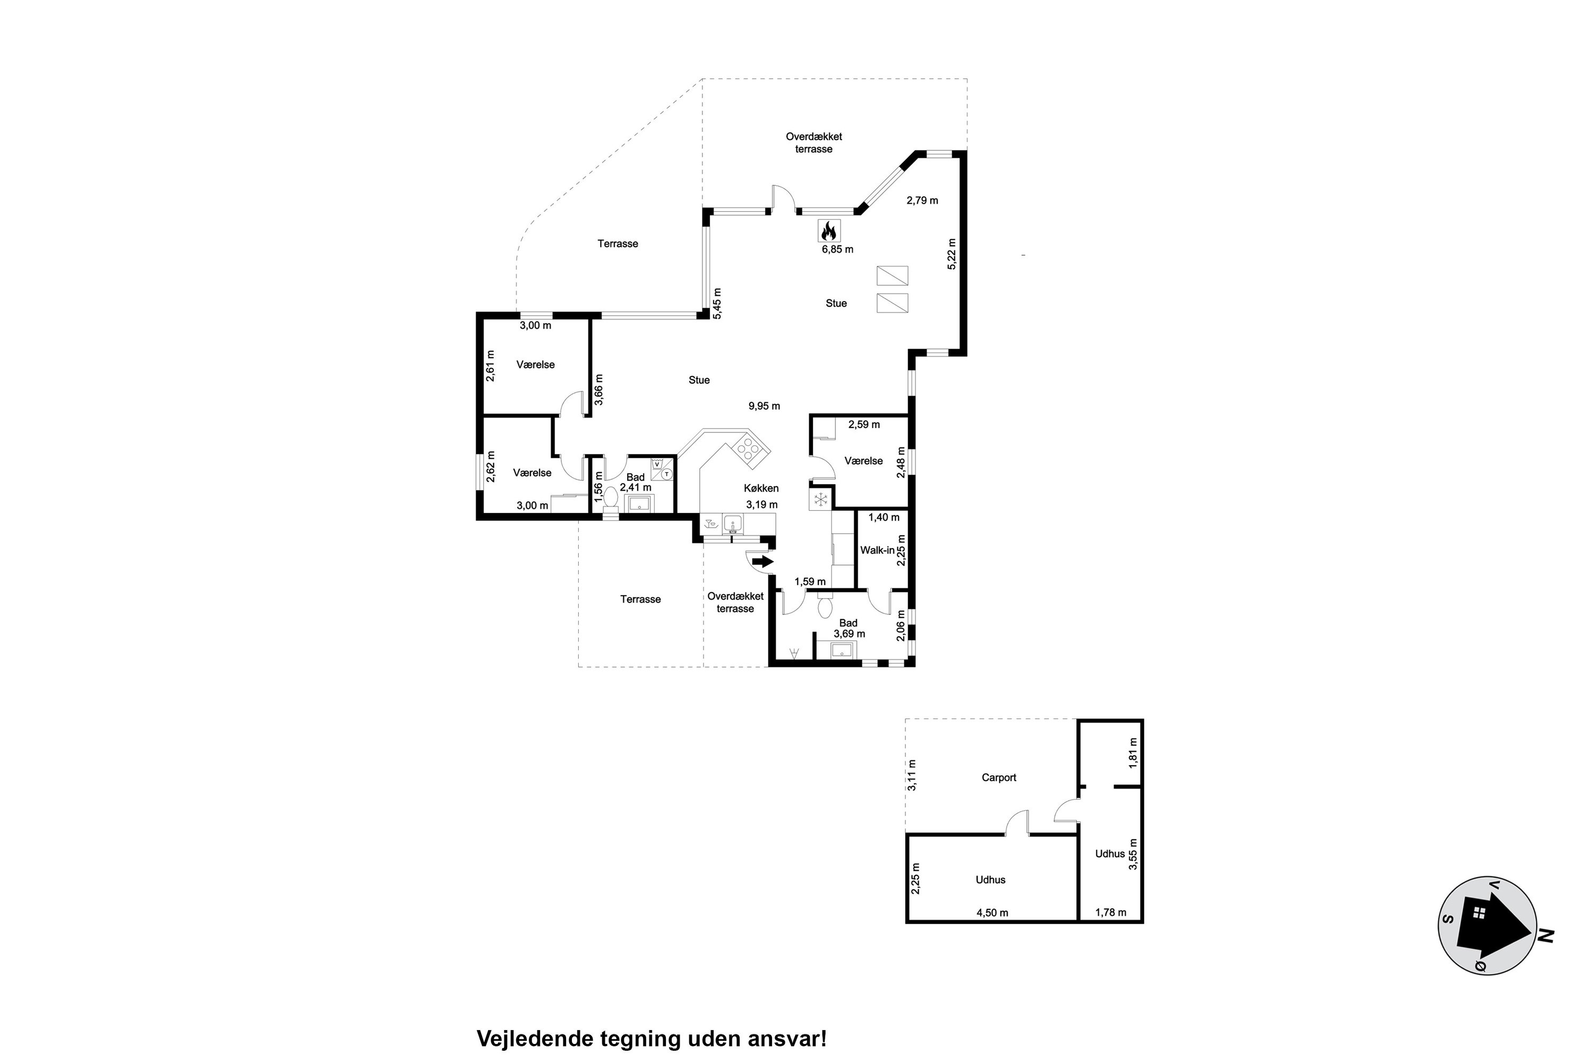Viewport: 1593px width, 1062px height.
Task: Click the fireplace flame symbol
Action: click(829, 232)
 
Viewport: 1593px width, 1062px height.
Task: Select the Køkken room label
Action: click(761, 489)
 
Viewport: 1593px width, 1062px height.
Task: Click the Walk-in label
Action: click(877, 551)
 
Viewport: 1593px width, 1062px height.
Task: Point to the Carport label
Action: click(999, 777)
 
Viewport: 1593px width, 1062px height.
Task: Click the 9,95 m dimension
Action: click(764, 406)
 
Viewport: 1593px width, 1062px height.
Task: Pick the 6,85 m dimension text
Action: click(837, 249)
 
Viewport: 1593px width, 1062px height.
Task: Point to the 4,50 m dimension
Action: click(992, 912)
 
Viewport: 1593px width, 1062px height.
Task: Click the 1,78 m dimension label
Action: click(1111, 912)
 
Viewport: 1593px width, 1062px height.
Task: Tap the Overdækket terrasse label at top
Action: click(813, 143)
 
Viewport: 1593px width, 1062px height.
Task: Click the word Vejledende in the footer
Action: click(535, 1039)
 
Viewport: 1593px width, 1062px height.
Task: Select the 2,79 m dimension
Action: click(922, 201)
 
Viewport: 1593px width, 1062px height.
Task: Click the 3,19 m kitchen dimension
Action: click(762, 504)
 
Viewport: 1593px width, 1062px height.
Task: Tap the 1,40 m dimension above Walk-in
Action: click(884, 517)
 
